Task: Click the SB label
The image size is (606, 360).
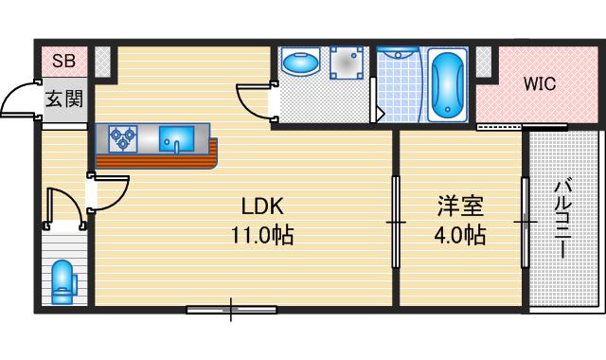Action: coord(63,62)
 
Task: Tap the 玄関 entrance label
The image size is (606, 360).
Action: coord(63,99)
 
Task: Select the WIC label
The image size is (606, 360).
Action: coord(540,83)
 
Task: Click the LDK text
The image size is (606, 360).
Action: coord(262,207)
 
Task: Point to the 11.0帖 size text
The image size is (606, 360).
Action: coord(262,235)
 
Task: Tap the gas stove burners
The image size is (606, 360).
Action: coord(123,139)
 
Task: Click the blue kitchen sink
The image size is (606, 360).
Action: coord(176,140)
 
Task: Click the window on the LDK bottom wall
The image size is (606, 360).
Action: coord(231,308)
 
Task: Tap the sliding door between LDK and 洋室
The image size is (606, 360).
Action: coord(395,222)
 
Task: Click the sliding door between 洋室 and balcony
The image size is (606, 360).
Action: coord(524,222)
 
